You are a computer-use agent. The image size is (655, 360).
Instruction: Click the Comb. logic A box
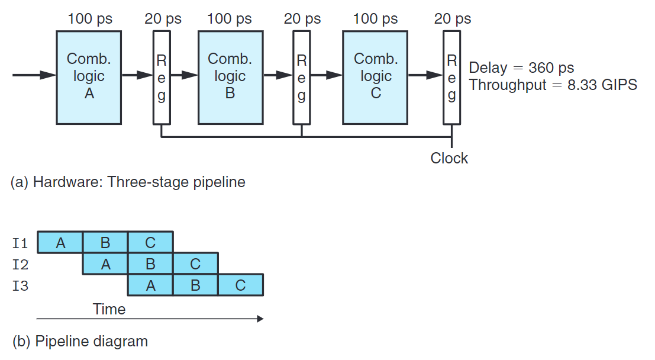point(89,76)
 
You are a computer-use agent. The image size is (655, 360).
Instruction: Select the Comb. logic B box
point(230,76)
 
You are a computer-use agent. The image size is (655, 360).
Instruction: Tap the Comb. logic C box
point(375,76)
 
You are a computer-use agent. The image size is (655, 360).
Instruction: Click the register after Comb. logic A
point(161,78)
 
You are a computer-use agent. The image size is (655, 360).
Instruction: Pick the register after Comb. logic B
point(302,78)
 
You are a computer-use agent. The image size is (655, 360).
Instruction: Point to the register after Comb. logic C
point(451,78)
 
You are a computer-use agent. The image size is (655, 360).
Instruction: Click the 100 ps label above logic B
point(229,19)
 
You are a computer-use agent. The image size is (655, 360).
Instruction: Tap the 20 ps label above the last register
point(453,19)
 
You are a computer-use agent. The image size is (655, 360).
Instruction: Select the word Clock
point(449,158)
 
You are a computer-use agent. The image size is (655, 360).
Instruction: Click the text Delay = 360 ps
point(521,67)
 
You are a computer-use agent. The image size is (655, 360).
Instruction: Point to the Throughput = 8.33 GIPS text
point(553,85)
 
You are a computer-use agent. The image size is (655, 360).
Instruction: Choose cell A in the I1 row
point(60,242)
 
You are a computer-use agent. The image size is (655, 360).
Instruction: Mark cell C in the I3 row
point(240,285)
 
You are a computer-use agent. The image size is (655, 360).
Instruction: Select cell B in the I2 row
point(150,264)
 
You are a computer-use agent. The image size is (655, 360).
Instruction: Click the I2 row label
point(20,264)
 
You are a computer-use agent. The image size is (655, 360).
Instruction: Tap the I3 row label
point(20,286)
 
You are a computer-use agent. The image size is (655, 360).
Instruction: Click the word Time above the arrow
point(109,309)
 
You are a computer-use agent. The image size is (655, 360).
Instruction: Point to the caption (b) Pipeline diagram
point(80,341)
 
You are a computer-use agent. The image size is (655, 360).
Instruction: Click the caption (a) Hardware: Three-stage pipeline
point(128,182)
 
